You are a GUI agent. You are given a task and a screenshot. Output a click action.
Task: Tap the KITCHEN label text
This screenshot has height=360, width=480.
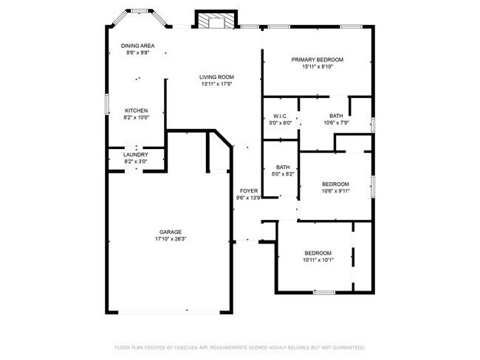click(x=136, y=111)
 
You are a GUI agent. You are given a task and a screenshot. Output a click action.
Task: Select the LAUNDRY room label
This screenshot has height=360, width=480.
click(x=136, y=154)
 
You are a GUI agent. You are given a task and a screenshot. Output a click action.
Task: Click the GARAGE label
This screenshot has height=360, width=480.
click(x=171, y=232)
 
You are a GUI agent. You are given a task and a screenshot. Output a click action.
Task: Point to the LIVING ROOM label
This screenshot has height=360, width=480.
click(x=216, y=77)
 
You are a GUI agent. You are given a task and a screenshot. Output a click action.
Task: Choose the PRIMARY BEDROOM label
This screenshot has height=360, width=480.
click(x=318, y=60)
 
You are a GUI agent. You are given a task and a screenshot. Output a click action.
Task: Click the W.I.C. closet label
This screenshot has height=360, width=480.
click(x=280, y=116)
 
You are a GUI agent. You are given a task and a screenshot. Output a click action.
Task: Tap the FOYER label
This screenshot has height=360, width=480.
click(x=249, y=191)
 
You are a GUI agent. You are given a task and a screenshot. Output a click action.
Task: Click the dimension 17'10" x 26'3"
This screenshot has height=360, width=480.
click(x=171, y=239)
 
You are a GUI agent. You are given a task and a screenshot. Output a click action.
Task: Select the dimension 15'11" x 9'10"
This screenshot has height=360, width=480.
click(x=318, y=67)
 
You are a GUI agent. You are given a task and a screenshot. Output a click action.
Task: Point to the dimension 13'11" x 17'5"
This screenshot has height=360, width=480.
click(x=216, y=84)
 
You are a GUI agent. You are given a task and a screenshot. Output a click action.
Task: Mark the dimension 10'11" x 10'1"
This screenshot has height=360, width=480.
click(x=318, y=260)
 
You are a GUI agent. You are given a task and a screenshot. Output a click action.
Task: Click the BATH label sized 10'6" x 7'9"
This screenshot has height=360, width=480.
click(x=336, y=116)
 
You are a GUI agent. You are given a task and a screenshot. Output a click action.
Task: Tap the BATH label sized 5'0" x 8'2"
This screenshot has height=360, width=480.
click(x=283, y=167)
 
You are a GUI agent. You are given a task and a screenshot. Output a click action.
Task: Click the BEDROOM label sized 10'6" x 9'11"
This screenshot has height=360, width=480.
click(x=336, y=184)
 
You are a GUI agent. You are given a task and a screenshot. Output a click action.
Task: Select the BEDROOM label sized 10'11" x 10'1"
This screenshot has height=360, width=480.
click(x=318, y=252)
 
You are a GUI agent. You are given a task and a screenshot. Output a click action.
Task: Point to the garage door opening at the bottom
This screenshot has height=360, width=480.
click(x=170, y=312)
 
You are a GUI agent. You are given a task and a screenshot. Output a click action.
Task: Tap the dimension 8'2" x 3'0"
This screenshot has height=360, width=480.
click(x=136, y=162)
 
